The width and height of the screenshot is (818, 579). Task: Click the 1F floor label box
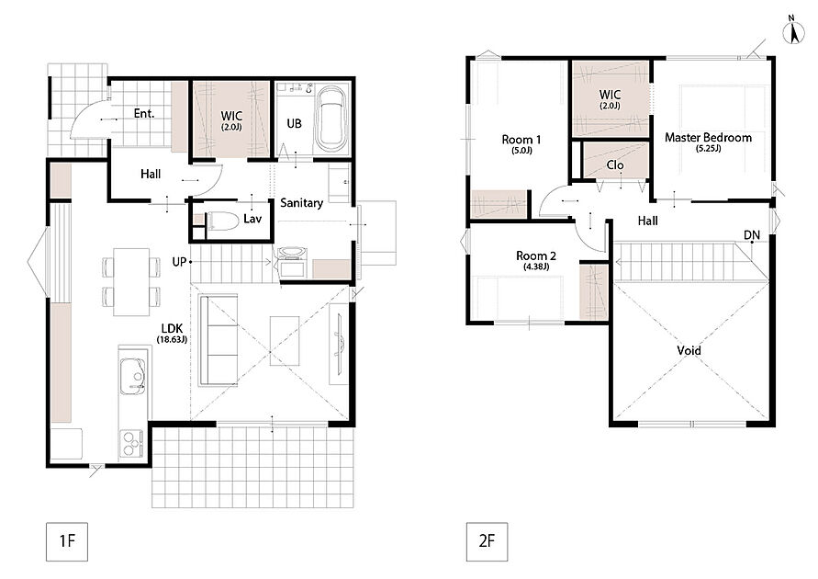tap(67, 541)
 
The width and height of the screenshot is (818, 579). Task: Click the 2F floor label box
tap(487, 541)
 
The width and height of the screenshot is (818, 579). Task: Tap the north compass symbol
tap(794, 31)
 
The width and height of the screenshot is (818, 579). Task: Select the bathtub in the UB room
tap(331, 119)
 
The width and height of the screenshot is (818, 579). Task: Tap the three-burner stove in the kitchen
tap(131, 443)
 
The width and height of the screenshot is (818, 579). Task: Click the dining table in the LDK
tap(131, 282)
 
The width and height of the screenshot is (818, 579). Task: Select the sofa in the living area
tap(219, 341)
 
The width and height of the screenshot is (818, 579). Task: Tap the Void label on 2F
tap(689, 350)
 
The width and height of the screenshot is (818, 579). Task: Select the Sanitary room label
tap(301, 202)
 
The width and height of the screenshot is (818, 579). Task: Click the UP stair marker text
tap(179, 262)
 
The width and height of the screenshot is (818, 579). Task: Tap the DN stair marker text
tap(752, 235)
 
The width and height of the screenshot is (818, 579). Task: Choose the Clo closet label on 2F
tap(615, 165)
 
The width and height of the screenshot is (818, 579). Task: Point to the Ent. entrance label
tap(144, 113)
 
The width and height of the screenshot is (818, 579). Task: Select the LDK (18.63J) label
tap(172, 333)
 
